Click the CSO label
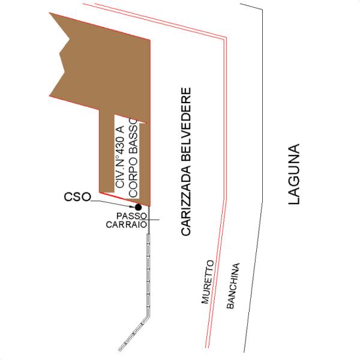pos(76,197)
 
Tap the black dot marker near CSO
pos(139,207)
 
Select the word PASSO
pos(128,216)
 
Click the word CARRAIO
pos(127,225)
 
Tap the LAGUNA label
pos(293,175)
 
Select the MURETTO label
pos(208,283)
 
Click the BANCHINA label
pos(233,286)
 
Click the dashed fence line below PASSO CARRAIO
pos(148,270)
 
